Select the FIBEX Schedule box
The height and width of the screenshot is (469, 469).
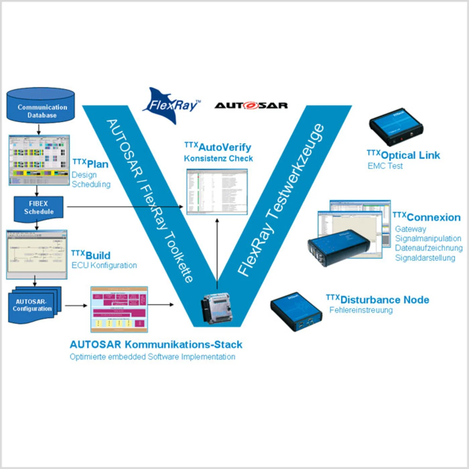38,208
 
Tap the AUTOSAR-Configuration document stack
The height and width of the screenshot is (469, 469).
34,305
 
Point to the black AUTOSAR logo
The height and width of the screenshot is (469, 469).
251,106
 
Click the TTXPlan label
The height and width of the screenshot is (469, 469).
91,163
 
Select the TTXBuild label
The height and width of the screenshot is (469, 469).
91,255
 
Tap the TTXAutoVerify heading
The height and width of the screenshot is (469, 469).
218,147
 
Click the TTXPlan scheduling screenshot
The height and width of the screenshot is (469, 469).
39,160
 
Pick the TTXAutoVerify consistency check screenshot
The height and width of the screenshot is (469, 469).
217,192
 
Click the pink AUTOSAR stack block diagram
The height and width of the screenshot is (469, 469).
119,309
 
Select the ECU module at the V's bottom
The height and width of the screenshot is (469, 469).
217,308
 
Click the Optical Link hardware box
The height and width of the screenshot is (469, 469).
396,126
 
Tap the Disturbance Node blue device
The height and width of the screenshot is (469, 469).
296,311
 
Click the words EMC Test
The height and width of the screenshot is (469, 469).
385,166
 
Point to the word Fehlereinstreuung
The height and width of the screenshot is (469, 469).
361,310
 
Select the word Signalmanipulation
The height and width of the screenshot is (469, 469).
428,239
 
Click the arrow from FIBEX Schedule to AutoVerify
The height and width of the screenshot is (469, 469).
125,207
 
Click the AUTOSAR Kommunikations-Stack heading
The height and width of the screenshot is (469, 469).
156,344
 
